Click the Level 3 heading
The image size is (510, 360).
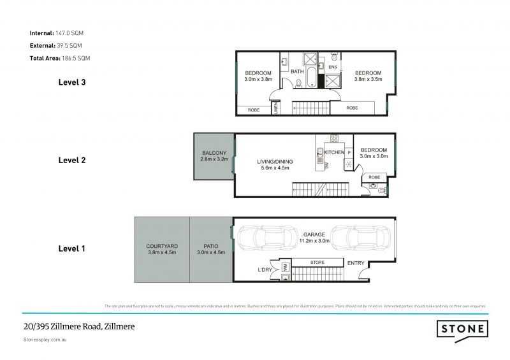(71, 82)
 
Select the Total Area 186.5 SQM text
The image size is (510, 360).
(60, 58)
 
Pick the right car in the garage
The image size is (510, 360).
(360, 241)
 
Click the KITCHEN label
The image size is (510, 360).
(335, 153)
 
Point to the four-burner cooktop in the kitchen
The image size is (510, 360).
(334, 139)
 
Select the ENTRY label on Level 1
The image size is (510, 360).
(356, 263)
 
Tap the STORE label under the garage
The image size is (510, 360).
(317, 262)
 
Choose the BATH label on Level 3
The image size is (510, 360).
(297, 71)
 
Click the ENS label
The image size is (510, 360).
(332, 67)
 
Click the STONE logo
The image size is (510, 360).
(463, 329)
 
